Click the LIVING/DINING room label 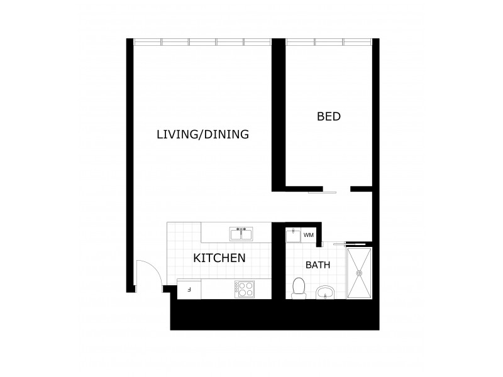pos(202,134)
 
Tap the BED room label pos(329,116)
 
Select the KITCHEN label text pos(219,258)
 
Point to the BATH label pos(318,265)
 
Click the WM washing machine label pos(308,235)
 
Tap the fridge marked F pos(189,290)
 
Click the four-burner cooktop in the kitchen pos(244,289)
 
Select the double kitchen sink pos(241,234)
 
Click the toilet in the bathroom pos(299,288)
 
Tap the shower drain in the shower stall pos(360,273)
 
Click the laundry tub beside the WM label pos(294,236)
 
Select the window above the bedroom pos(328,42)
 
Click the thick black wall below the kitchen pos(274,316)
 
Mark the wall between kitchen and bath pos(275,264)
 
